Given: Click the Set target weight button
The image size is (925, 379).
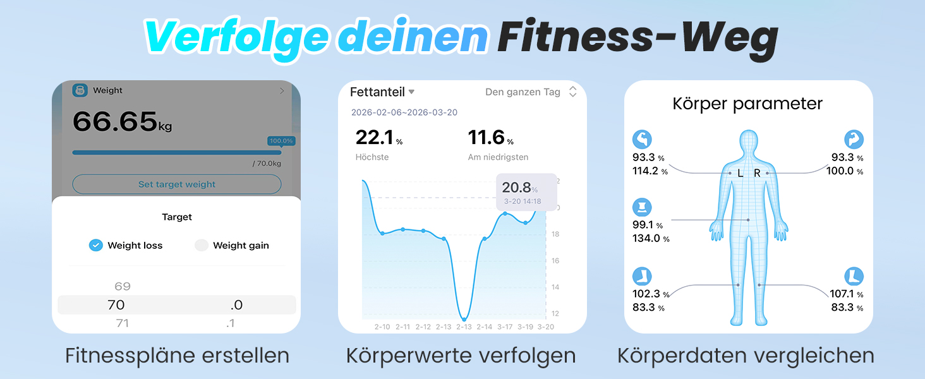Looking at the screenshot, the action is click(177, 184).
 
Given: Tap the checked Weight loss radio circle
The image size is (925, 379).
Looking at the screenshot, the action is click(96, 245).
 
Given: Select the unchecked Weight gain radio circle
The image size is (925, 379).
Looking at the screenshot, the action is click(201, 245).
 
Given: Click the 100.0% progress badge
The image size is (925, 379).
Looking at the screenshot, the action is click(281, 141).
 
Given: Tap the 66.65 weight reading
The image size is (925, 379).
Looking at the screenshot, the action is click(115, 121).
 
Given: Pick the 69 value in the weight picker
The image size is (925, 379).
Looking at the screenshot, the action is click(122, 286).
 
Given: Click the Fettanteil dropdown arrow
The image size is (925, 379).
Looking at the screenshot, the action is click(411, 92).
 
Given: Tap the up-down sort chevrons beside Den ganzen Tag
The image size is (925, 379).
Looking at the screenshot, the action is click(573, 92).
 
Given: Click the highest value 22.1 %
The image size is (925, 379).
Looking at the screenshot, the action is click(379, 138).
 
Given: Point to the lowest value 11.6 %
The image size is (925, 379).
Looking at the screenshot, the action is click(490, 138).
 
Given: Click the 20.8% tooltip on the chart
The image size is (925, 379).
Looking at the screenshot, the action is click(526, 192).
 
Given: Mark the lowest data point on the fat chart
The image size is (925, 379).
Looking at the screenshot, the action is click(464, 319).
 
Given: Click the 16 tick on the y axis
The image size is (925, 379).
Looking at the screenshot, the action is click(555, 260).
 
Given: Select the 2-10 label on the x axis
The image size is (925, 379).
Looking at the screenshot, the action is click(382, 327).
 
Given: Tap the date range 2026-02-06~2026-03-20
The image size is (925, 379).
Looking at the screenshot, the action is click(404, 112).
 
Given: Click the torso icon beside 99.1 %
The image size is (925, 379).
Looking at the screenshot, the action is click(642, 207).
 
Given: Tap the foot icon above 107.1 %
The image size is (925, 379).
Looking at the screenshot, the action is click(854, 276).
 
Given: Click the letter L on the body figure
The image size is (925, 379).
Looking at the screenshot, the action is click(741, 174).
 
